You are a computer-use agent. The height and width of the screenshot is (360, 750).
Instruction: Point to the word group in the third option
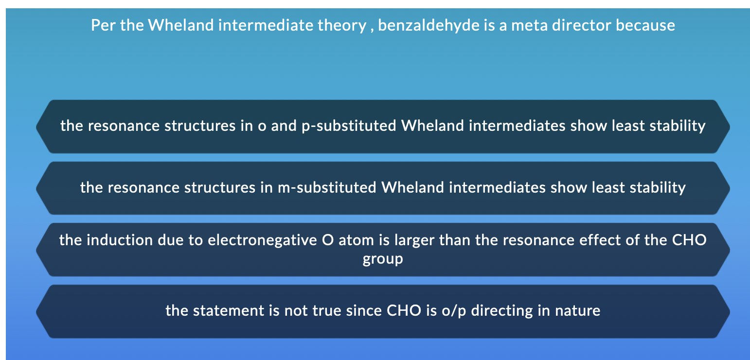tap(383, 258)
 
